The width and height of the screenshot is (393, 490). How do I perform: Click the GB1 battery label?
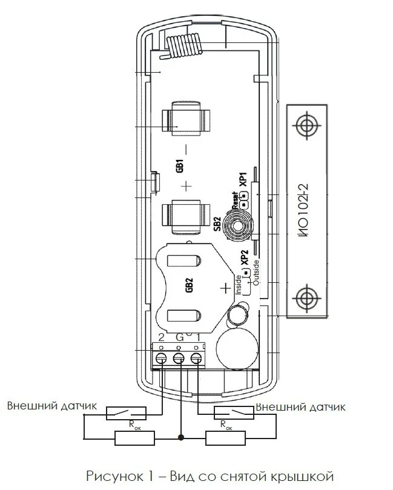tap(180, 165)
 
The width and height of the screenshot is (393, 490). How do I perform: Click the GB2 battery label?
tap(189, 285)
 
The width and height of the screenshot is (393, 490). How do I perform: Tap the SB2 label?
tap(217, 223)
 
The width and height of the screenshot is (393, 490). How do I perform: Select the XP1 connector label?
tap(243, 179)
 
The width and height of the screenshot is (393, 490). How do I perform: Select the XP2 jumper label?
tap(244, 257)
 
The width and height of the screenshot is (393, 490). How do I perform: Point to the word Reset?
tap(235, 200)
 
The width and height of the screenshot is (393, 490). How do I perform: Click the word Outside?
tap(256, 273)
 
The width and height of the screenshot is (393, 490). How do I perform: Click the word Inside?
tap(239, 285)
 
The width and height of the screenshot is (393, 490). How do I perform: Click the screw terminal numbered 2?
tap(161, 358)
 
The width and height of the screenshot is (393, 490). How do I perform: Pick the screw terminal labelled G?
tap(179, 358)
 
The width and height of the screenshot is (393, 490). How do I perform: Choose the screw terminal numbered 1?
tap(196, 358)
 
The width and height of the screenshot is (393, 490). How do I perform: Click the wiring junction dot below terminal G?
tap(180, 437)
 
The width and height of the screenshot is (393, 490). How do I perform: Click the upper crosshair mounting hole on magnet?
tap(307, 125)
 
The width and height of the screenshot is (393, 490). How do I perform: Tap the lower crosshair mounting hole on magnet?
tap(307, 298)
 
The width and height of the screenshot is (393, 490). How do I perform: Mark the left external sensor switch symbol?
tap(126, 413)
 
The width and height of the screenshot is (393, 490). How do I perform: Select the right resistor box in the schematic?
tap(225, 438)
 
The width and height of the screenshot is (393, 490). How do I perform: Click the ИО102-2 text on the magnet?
tap(303, 210)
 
